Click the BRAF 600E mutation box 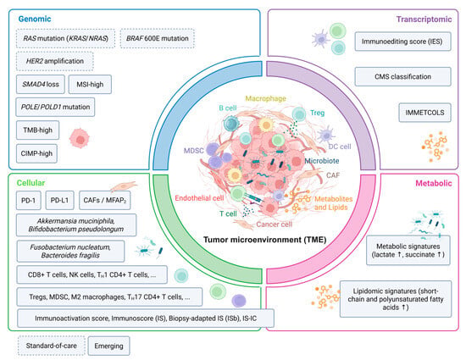[x=158, y=38]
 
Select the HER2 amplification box [x=55, y=61]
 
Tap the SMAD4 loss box [x=41, y=85]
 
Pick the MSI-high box [x=90, y=85]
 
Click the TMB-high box [x=38, y=130]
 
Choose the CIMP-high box [x=36, y=153]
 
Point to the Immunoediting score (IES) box [x=402, y=42]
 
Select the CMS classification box [x=402, y=76]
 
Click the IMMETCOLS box [x=424, y=113]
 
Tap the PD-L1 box [x=60, y=200]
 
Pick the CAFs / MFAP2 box [x=105, y=200]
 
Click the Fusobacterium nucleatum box [x=70, y=252]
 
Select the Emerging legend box [x=108, y=346]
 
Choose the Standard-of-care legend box [x=52, y=346]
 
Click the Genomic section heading [x=35, y=19]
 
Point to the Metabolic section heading [x=434, y=183]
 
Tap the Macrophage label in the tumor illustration [x=266, y=98]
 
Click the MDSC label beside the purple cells [x=194, y=151]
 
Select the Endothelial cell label [x=199, y=198]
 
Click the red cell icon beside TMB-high [x=80, y=138]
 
